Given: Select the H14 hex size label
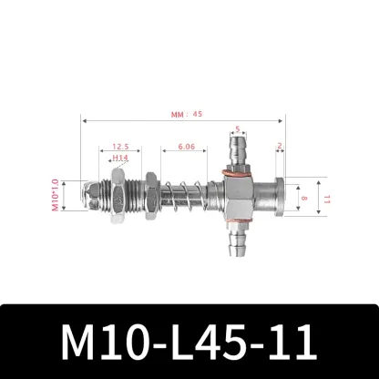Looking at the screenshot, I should [x=120, y=158].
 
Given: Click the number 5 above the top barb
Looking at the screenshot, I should [x=237, y=128].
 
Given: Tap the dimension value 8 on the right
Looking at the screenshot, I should [x=302, y=195].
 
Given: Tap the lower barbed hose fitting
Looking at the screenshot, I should [x=238, y=238].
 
